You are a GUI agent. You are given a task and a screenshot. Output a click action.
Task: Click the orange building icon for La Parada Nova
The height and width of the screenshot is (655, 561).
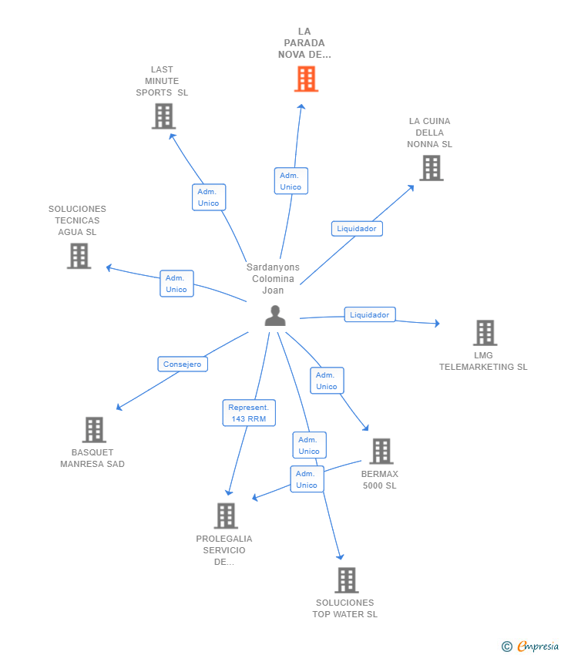point(306,79)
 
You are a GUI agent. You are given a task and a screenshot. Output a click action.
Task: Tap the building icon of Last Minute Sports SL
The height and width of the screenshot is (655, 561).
point(163,116)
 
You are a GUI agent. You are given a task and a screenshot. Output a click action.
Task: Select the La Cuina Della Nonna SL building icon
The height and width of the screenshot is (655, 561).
point(432,168)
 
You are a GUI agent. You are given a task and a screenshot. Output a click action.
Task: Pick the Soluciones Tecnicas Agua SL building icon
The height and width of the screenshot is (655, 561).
point(79,256)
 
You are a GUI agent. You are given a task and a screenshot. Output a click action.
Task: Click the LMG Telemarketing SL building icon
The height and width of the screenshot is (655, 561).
point(485,333)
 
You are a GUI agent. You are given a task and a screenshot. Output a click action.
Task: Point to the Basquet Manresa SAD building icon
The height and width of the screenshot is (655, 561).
point(94,429)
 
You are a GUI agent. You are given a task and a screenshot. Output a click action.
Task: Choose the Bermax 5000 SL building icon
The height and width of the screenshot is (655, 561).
point(381,451)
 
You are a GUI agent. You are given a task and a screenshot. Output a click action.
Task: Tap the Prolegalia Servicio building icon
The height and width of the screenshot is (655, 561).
point(226,516)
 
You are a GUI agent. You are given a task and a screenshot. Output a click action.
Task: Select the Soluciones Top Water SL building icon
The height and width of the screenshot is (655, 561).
point(347,580)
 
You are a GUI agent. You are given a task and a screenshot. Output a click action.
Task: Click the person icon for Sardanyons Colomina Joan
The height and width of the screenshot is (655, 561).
point(275,316)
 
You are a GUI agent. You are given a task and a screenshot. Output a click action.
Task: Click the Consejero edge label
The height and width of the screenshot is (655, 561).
point(183,364)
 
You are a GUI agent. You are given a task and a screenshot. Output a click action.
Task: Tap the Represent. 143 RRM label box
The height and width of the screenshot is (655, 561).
point(249,413)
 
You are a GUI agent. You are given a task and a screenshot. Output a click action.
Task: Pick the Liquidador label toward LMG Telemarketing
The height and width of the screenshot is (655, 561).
point(370,314)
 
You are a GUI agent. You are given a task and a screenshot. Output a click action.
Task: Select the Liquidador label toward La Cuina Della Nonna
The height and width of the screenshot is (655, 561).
point(357,229)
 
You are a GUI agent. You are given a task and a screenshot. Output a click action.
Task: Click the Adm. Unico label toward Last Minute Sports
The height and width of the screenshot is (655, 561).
point(209,197)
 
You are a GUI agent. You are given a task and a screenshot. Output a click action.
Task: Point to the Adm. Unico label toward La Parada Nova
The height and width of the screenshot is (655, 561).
point(291,181)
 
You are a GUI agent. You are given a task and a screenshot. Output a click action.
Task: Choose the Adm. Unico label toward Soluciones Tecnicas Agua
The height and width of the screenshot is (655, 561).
point(176,284)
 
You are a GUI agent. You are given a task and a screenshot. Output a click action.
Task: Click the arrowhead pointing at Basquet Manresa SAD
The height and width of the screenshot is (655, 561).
point(119,407)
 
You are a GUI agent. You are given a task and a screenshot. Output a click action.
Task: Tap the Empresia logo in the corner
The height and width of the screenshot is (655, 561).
point(530,647)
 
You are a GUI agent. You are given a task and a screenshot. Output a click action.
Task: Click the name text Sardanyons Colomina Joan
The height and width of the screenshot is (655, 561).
point(273,279)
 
